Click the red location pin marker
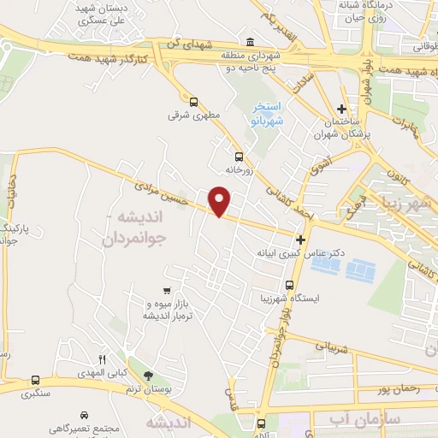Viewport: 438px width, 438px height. (220, 202)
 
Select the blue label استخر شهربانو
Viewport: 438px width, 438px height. (267, 115)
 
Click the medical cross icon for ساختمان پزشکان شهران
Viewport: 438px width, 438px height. (341, 109)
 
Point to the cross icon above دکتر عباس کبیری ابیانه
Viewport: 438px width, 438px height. (299, 241)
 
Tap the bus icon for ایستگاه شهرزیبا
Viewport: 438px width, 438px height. (289, 285)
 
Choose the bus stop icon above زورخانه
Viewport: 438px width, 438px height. (238, 157)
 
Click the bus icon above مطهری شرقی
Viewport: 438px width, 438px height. (193, 101)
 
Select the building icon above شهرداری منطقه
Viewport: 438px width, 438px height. (249, 44)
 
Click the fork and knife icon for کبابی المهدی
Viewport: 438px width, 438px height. (103, 359)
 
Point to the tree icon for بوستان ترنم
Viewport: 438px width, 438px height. (148, 376)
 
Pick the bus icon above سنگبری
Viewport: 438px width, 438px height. (35, 380)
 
